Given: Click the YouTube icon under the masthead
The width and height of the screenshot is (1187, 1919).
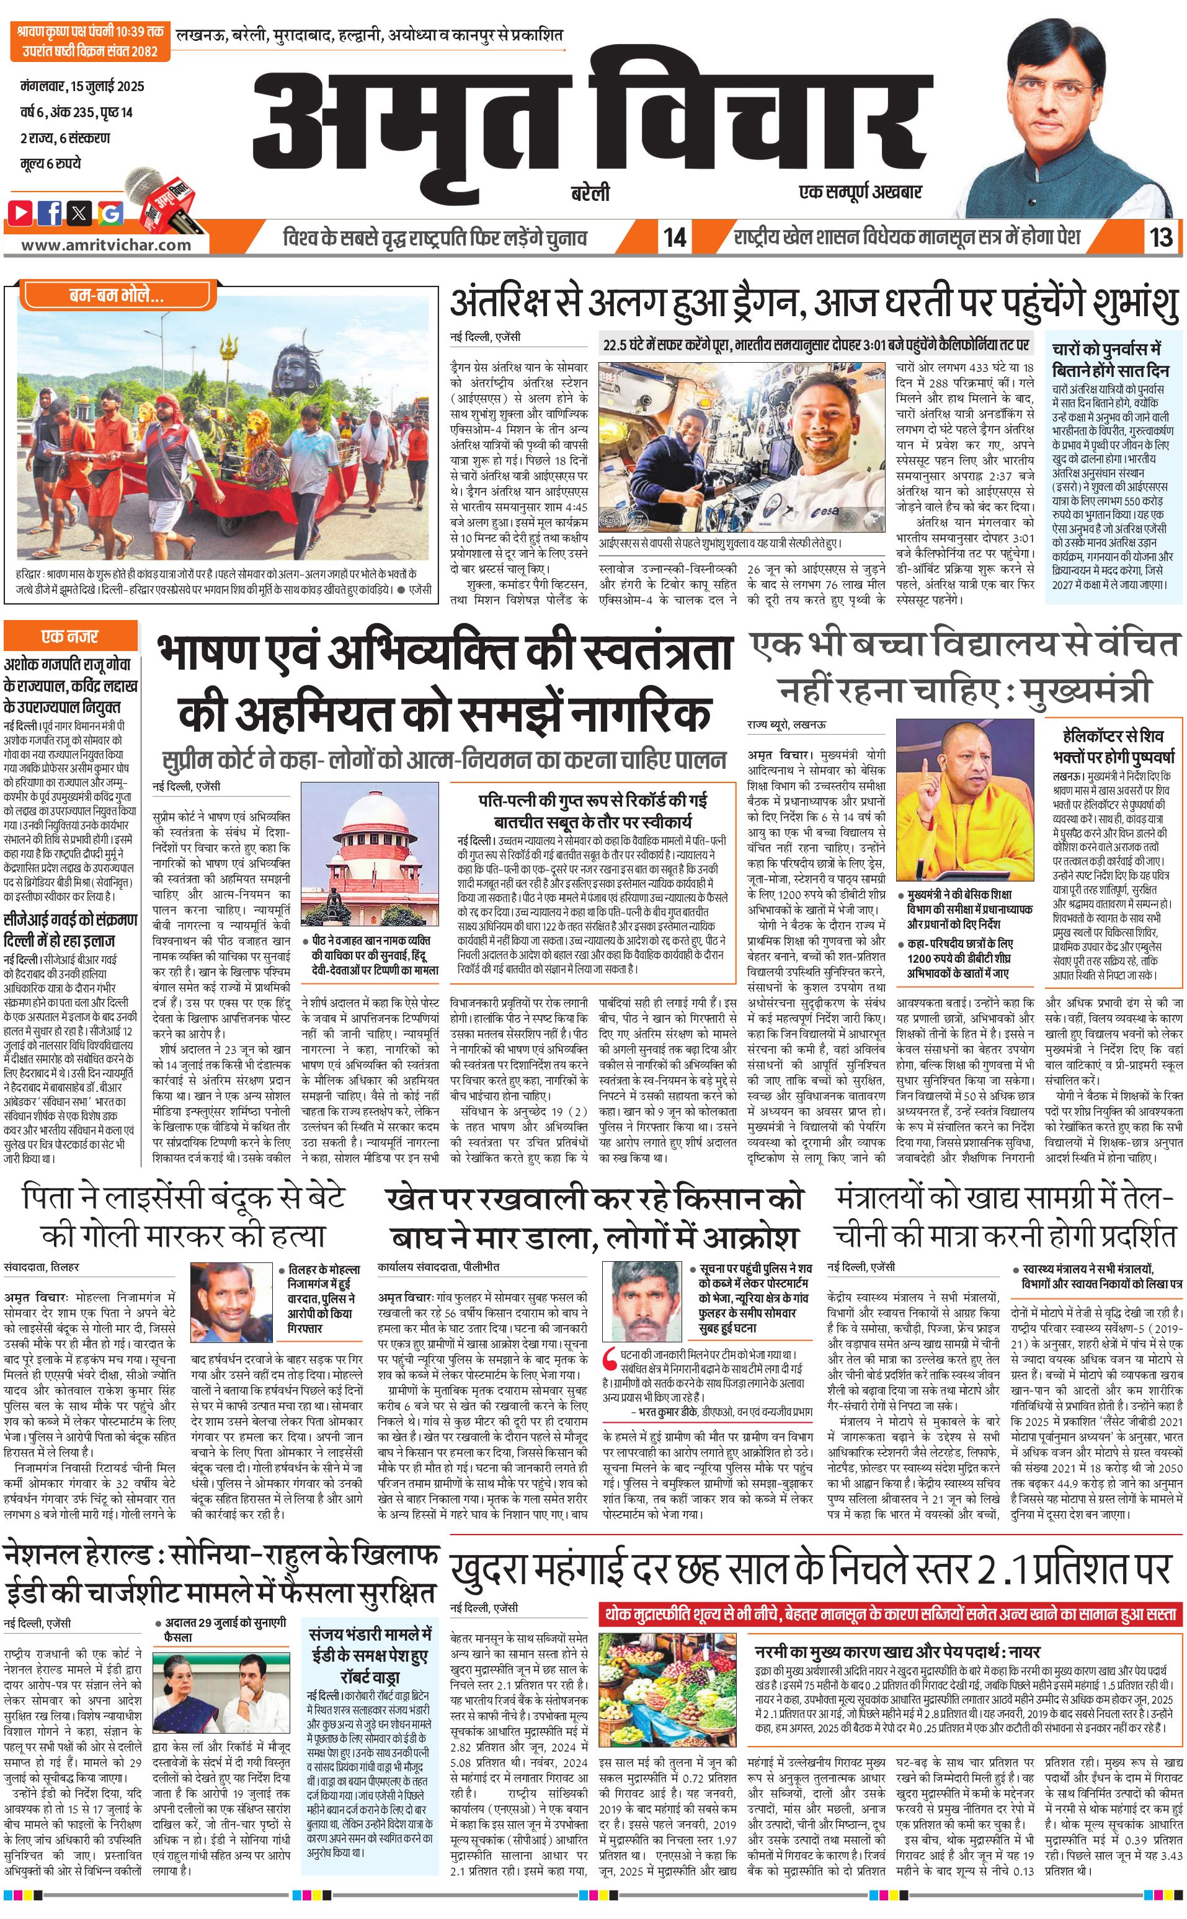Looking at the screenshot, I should click(20, 212).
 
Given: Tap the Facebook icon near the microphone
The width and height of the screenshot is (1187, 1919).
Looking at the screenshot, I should click(50, 212).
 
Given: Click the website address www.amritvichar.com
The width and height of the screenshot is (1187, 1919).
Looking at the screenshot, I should click(106, 244).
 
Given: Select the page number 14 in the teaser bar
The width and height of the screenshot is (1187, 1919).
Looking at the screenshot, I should click(674, 237).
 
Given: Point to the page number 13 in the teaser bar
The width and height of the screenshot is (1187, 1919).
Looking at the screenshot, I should click(1160, 237).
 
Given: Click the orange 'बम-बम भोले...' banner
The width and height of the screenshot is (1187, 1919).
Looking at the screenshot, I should click(116, 296).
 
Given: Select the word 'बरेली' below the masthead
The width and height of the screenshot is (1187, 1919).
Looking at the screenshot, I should click(590, 193).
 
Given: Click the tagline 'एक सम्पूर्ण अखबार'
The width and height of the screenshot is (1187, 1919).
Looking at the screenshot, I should click(860, 192).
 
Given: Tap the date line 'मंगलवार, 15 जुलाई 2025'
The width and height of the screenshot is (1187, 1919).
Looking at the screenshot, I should click(82, 86).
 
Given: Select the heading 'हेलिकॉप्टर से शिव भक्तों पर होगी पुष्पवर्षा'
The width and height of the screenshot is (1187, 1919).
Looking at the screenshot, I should click(1113, 746).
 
